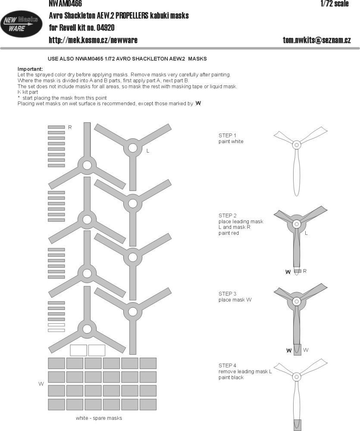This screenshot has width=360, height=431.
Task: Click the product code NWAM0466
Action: coord(65,4)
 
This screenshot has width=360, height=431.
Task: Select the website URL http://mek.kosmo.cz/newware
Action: coord(93,40)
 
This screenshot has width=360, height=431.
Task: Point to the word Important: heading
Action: coord(30,69)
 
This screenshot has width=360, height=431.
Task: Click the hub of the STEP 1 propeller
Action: coord(296,145)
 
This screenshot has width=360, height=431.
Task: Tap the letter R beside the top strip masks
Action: coord(70,127)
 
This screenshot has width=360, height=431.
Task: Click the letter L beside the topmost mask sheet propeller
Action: coord(148,151)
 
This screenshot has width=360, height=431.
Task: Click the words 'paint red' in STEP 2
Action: coord(229,233)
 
